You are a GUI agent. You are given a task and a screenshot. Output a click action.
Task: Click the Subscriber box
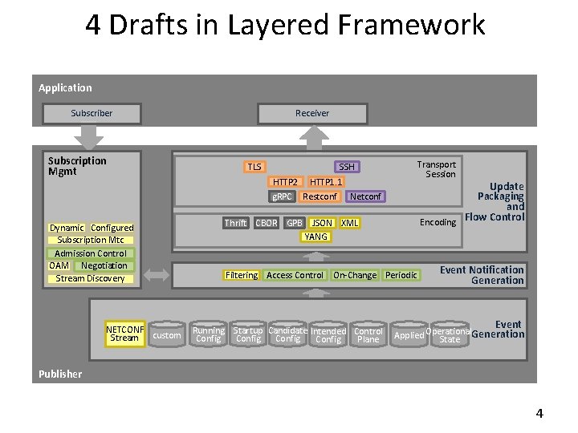click(x=92, y=113)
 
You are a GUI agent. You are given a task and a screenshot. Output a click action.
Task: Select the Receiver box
click(x=311, y=113)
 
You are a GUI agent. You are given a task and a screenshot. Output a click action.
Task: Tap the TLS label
click(x=254, y=167)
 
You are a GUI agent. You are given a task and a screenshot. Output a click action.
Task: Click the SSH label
click(x=346, y=167)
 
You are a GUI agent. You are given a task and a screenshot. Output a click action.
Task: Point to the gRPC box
click(x=282, y=196)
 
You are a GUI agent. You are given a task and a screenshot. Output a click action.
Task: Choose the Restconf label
click(x=320, y=196)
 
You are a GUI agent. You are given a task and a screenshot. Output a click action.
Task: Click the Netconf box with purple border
click(x=366, y=196)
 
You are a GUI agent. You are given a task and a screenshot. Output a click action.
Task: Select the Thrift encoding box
click(x=235, y=223)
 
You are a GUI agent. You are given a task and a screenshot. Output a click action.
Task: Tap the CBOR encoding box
click(x=267, y=223)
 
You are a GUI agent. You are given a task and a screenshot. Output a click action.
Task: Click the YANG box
click(x=316, y=237)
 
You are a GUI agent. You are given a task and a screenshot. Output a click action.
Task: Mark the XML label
click(x=350, y=223)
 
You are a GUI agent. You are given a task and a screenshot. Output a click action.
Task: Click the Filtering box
click(x=242, y=275)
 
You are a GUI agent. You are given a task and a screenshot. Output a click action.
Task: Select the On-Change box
click(x=355, y=275)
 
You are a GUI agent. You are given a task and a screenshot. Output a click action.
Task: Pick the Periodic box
click(x=401, y=275)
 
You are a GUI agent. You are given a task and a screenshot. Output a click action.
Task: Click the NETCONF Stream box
click(x=124, y=334)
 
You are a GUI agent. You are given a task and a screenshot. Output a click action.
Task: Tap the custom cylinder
click(x=167, y=335)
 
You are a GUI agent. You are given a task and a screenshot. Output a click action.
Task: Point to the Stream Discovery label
click(x=91, y=278)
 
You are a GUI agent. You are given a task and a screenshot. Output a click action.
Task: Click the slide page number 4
click(x=539, y=414)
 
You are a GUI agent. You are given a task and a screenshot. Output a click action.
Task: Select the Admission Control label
click(x=91, y=253)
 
